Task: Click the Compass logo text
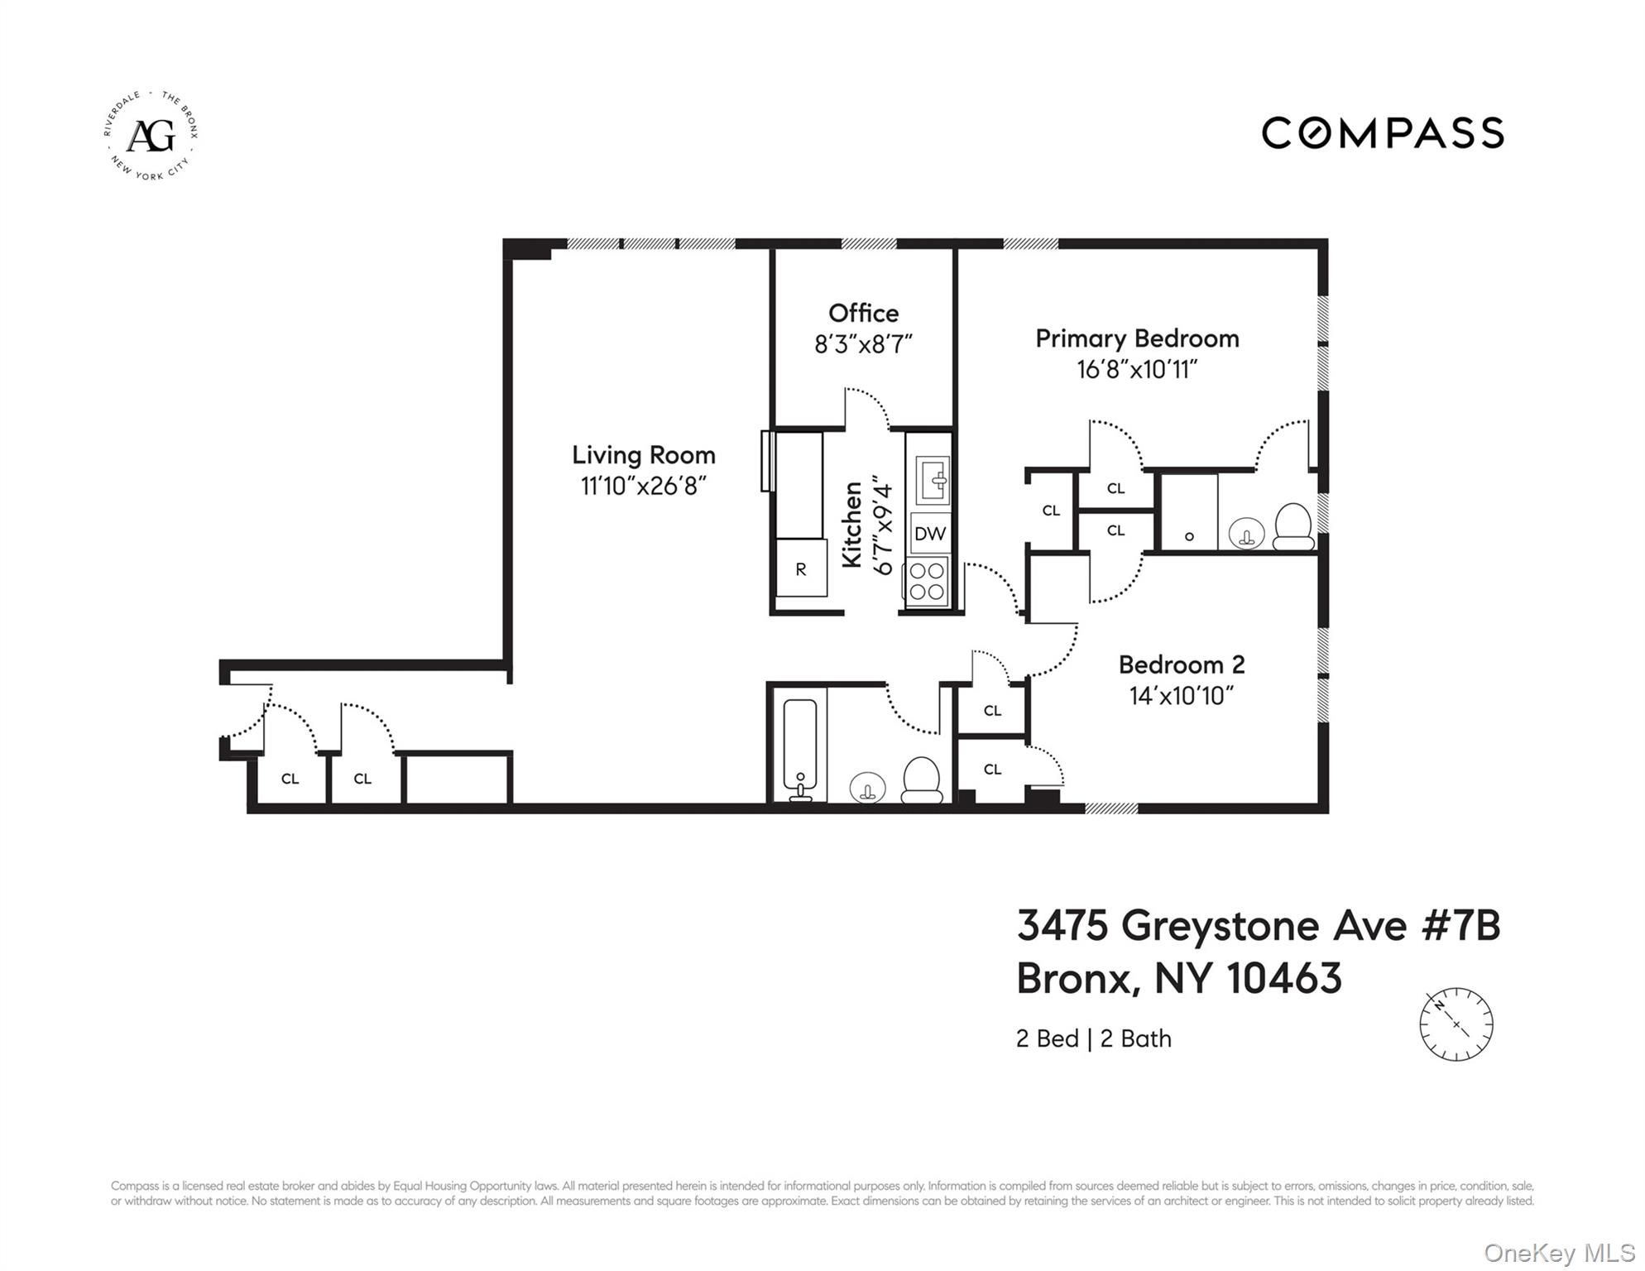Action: tap(1382, 133)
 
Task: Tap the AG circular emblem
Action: tap(151, 136)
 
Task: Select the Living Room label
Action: tap(643, 455)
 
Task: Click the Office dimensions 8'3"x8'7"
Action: tap(863, 344)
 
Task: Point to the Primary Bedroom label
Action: tap(1137, 338)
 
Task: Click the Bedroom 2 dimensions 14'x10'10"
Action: tap(1181, 696)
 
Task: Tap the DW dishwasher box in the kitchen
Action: tap(929, 534)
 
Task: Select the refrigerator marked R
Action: tap(801, 568)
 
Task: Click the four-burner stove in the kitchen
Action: tap(928, 581)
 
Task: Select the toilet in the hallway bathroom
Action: tap(921, 780)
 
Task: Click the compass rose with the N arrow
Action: tap(1456, 1024)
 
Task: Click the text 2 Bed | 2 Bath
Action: tap(1093, 1038)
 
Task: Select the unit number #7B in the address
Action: tap(1460, 925)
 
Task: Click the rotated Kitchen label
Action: tap(852, 525)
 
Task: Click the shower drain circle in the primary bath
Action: tap(1189, 536)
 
